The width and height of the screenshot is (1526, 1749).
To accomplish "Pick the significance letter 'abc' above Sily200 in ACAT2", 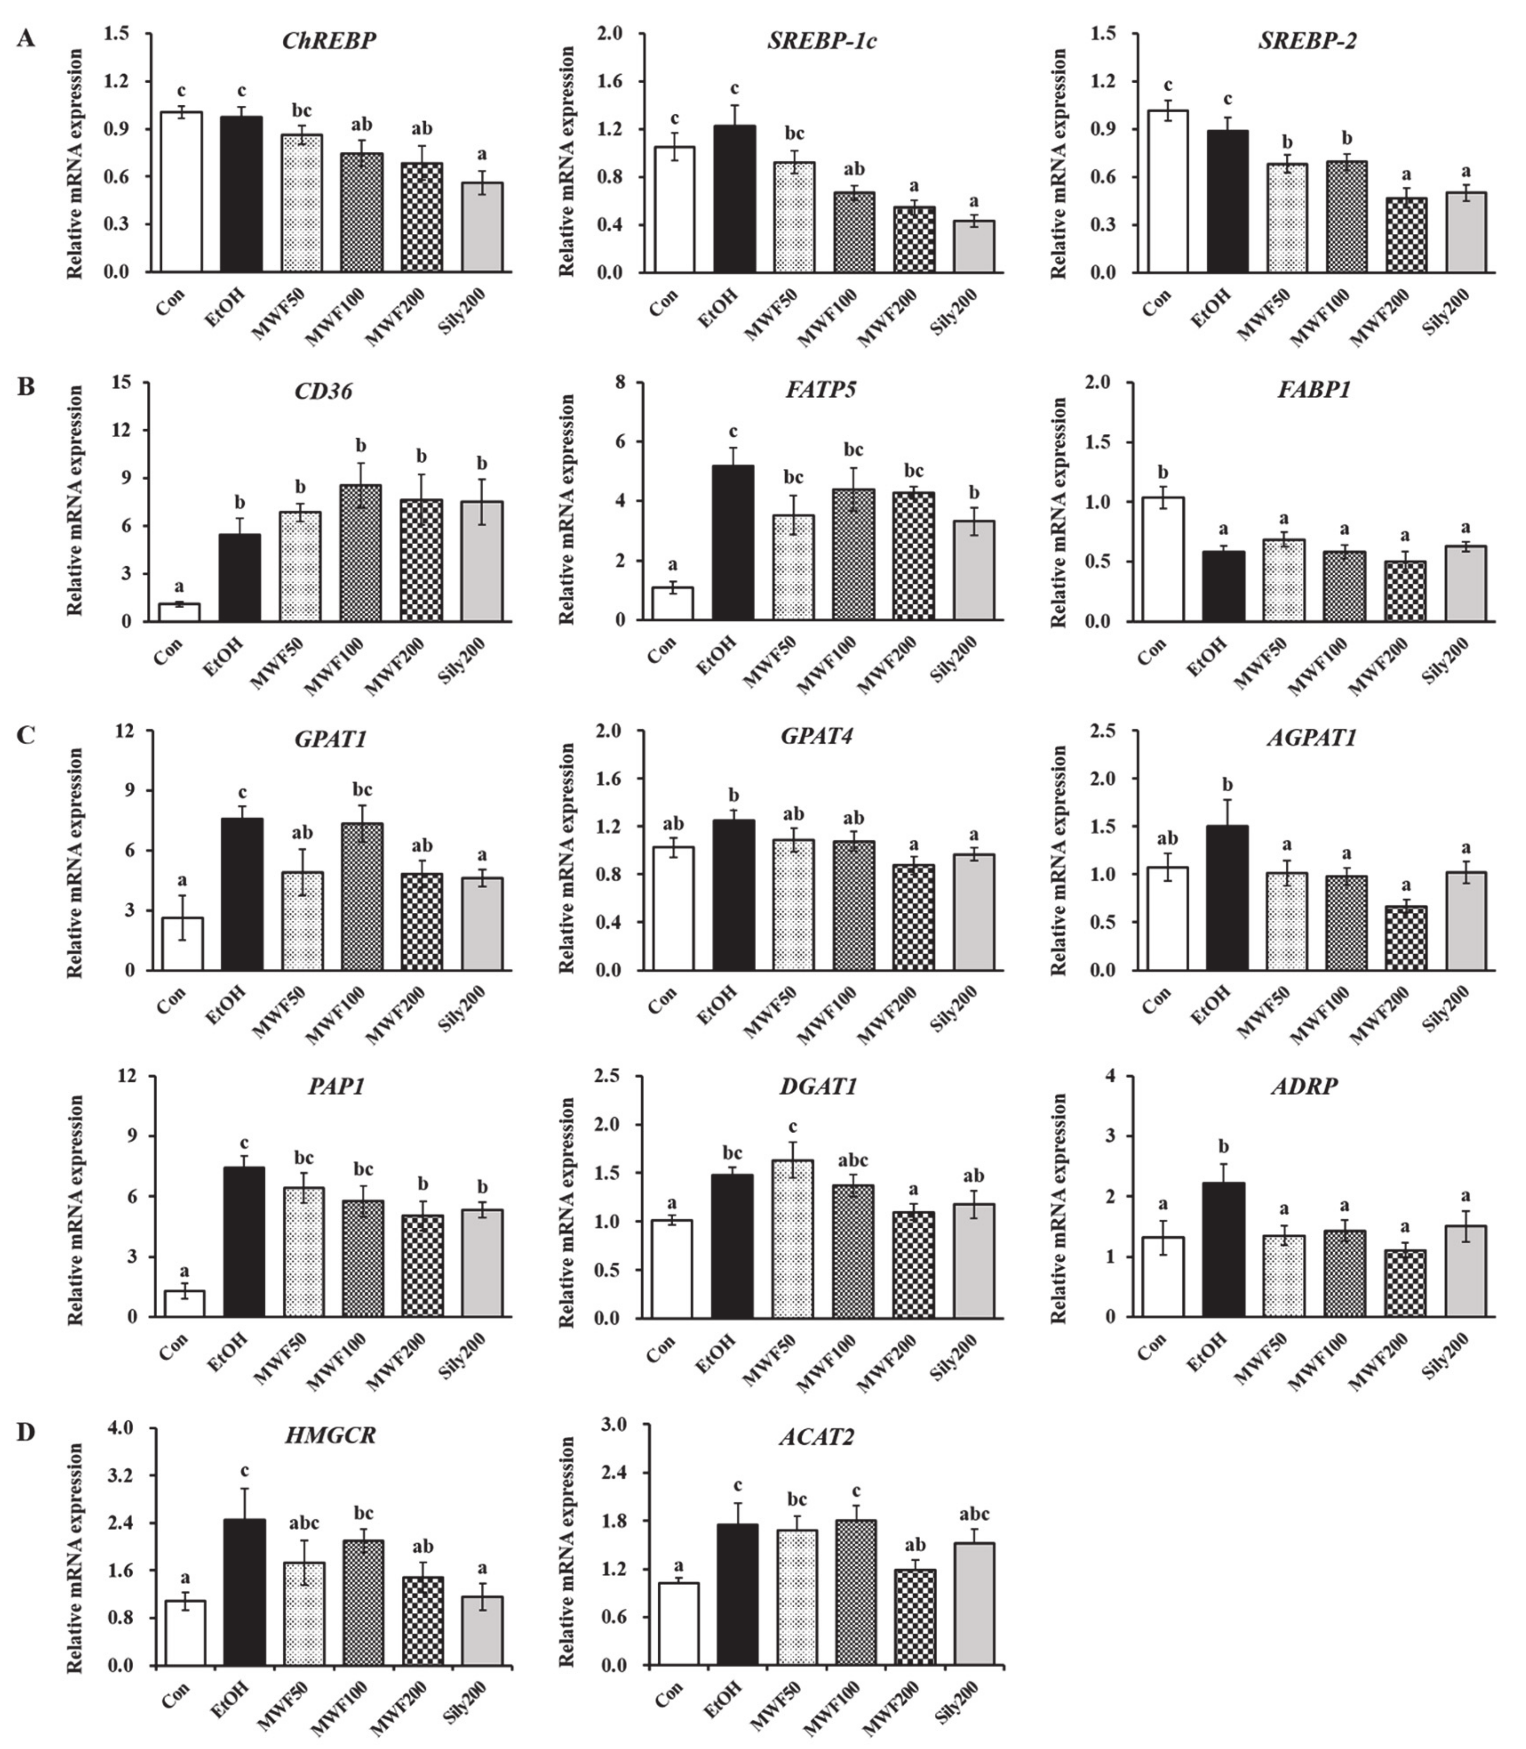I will point(974,1514).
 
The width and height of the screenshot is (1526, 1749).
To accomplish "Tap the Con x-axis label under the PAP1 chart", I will point(172,1347).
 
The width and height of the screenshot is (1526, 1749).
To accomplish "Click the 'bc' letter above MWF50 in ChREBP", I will point(301,110).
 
